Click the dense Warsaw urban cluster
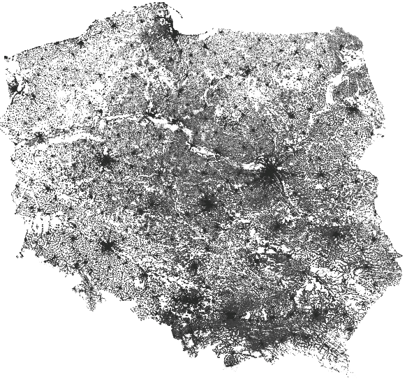point(269,170)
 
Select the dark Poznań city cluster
point(106,161)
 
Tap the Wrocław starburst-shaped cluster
point(108,246)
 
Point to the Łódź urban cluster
point(207,204)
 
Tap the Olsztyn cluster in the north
point(247,72)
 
